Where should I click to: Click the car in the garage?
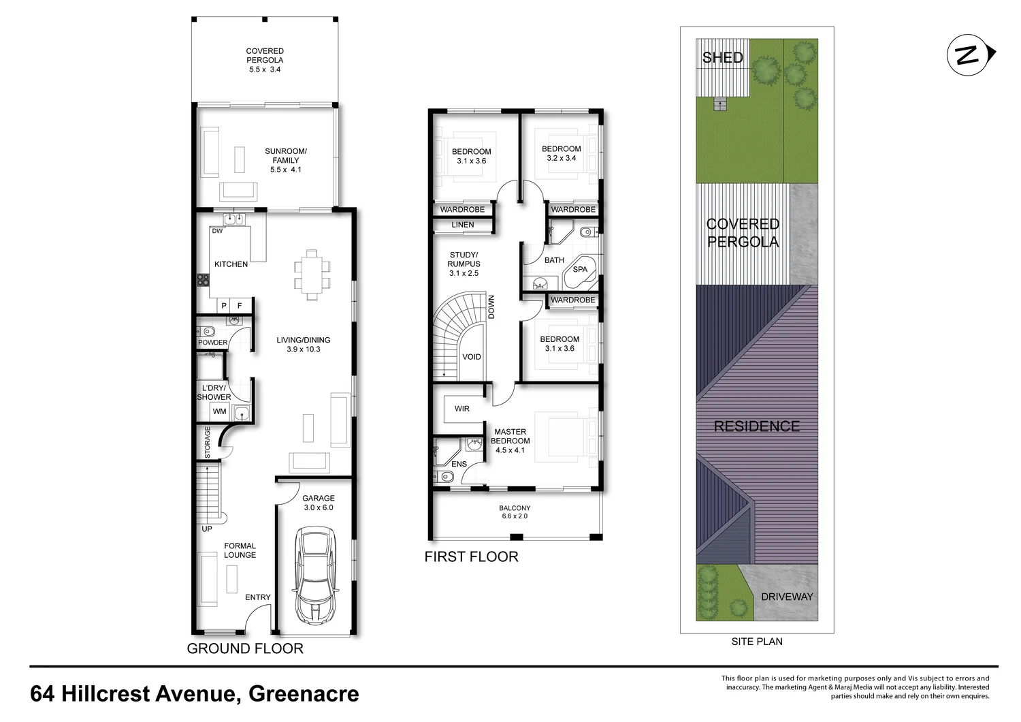coord(316,576)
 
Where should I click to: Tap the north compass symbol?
coord(971,54)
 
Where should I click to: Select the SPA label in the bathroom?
coord(580,270)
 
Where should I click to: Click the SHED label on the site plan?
coord(722,57)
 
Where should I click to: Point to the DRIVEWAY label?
coord(787,597)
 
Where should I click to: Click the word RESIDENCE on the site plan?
coord(757,426)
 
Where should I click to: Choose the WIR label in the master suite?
coord(461,409)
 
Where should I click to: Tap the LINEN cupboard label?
coord(463,225)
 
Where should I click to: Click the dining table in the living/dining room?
coord(312,274)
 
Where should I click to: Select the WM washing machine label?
coord(219,411)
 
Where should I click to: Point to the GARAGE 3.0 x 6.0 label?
coord(318,503)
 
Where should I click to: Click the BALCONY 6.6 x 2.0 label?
coord(515,512)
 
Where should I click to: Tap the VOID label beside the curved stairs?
coord(471,357)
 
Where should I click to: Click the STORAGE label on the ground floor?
coord(208,443)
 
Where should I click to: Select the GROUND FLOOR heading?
coord(245,648)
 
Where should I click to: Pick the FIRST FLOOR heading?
coord(471,557)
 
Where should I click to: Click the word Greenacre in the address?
coord(304,693)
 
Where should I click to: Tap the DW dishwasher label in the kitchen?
coord(217,231)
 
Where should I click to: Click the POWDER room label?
coord(213,343)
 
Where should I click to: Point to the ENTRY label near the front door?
coord(258,597)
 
